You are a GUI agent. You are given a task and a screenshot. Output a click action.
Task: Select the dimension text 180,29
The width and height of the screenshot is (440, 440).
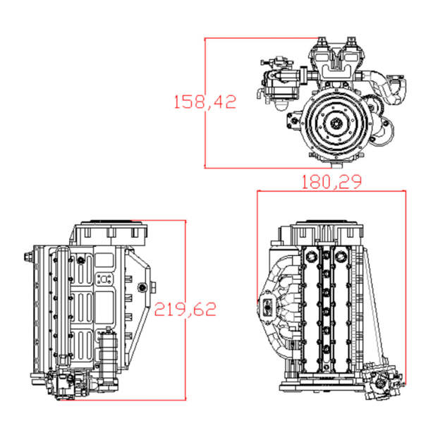click(x=331, y=182)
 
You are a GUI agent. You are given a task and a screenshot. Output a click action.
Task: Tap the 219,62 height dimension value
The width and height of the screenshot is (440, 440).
click(x=185, y=309)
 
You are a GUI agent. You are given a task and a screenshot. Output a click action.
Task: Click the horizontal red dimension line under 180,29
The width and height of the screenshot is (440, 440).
click(x=331, y=192)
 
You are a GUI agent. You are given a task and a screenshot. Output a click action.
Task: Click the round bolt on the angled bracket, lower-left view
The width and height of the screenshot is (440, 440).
click(x=143, y=287)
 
